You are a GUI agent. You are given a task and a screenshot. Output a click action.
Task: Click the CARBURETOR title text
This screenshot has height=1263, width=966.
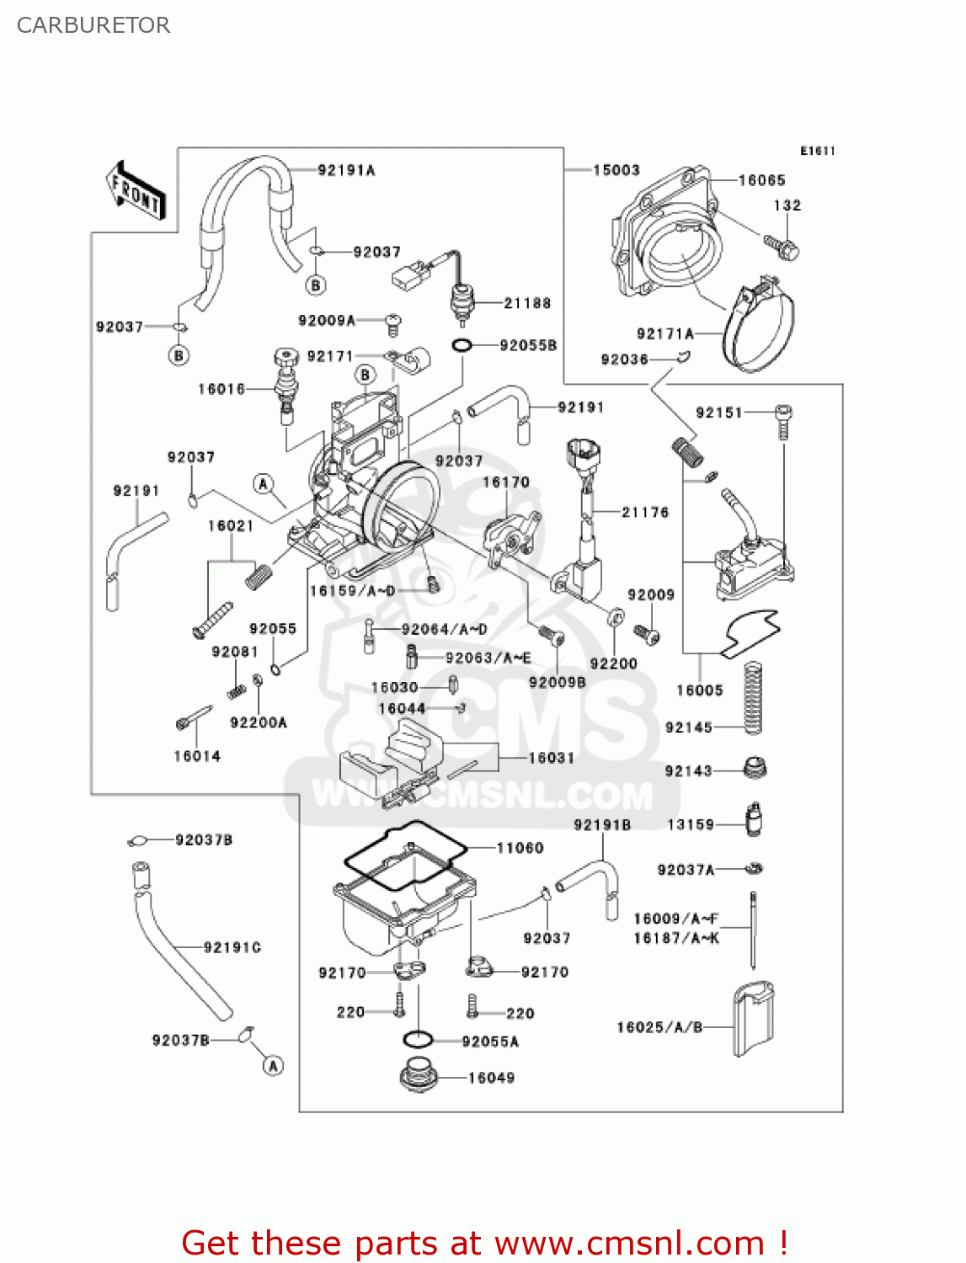pos(93,25)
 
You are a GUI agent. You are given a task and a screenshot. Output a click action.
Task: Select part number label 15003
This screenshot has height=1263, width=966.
pos(616,170)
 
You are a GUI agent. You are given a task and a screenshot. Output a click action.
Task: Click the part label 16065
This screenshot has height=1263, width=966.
pos(761,180)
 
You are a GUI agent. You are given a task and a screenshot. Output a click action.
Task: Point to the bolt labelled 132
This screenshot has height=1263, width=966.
pos(782,246)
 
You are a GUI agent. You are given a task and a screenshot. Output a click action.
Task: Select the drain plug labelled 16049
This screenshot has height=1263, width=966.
pos(419,1076)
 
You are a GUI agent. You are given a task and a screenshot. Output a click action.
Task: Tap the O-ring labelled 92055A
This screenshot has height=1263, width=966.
pos(419,1040)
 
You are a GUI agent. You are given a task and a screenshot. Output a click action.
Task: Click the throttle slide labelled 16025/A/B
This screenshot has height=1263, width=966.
pos(752,1018)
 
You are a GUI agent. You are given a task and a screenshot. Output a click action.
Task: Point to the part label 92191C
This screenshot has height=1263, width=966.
pos(232,947)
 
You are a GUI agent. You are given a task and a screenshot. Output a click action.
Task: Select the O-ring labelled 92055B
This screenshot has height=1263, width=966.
pos(462,345)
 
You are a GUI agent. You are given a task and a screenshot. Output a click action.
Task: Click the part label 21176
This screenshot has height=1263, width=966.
pos(645,512)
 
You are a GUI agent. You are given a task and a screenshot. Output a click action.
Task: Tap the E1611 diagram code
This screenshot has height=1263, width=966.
pos(817,151)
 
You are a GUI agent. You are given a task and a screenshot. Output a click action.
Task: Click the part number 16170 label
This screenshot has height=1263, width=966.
pos(505,482)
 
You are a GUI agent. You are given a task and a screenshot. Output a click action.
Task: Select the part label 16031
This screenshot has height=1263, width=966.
pos(551,758)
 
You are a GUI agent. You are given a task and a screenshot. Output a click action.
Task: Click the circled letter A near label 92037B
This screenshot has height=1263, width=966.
pos(273,1066)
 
